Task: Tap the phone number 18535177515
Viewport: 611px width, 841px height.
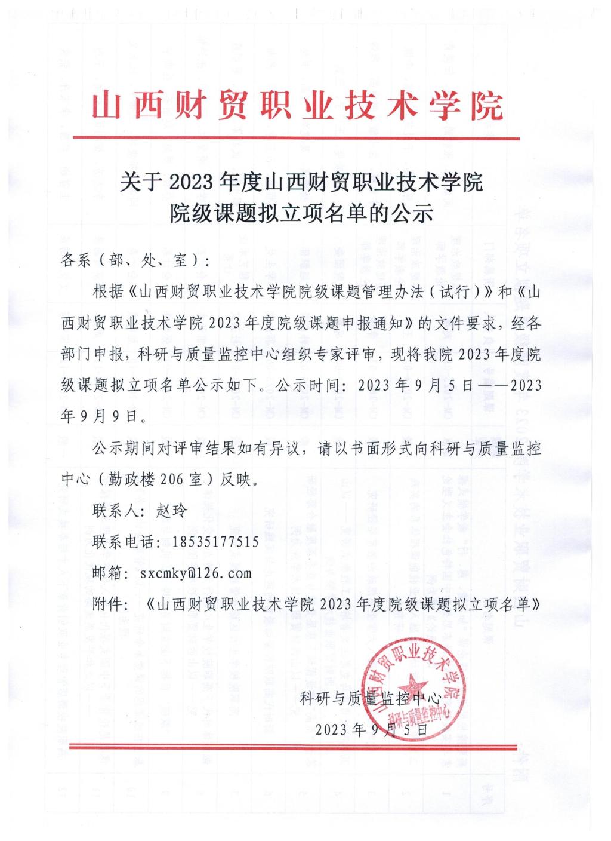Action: click(x=215, y=542)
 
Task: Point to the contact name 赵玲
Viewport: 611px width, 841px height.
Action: click(x=171, y=511)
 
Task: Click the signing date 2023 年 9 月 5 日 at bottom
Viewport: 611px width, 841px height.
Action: click(x=371, y=729)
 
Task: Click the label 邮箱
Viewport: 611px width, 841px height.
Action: click(x=107, y=573)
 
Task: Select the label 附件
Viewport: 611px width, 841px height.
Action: click(x=107, y=604)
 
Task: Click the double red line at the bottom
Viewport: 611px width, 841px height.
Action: click(x=297, y=746)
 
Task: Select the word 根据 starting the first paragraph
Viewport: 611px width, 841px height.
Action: click(x=107, y=291)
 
